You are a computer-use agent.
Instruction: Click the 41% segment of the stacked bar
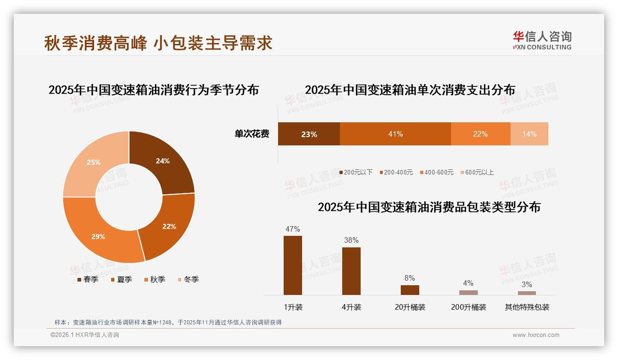395,134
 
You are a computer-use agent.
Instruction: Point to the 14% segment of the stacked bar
529,134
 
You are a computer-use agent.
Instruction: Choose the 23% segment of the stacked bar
309,134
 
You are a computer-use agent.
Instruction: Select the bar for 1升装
293,265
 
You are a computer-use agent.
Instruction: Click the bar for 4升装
351,271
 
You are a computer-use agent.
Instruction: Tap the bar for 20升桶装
410,290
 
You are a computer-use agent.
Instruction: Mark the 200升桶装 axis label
469,307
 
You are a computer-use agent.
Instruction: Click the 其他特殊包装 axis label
527,307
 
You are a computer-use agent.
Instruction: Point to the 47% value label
293,229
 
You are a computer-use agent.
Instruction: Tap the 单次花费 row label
252,134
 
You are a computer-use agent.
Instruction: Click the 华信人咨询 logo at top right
542,40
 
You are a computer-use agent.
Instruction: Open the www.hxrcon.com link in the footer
536,335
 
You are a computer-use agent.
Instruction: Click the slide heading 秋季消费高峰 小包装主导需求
158,43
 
